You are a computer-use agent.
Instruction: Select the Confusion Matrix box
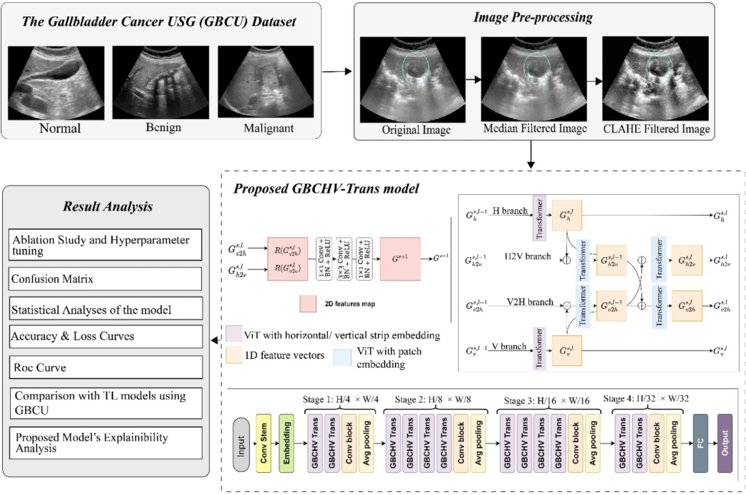coord(106,279)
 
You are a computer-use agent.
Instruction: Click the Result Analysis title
coord(107,208)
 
